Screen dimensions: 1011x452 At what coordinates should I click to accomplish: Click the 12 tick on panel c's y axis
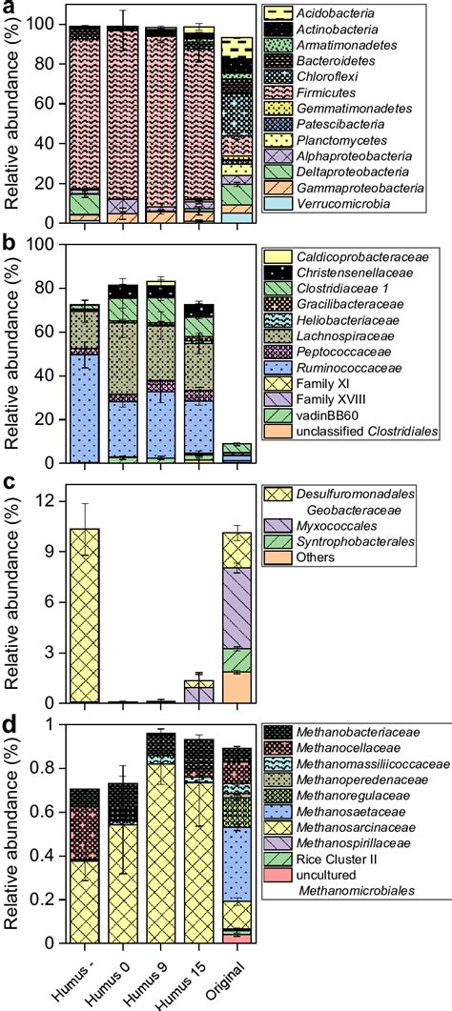[49, 496]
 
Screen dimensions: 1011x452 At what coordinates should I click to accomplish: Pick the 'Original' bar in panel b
[236, 454]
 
